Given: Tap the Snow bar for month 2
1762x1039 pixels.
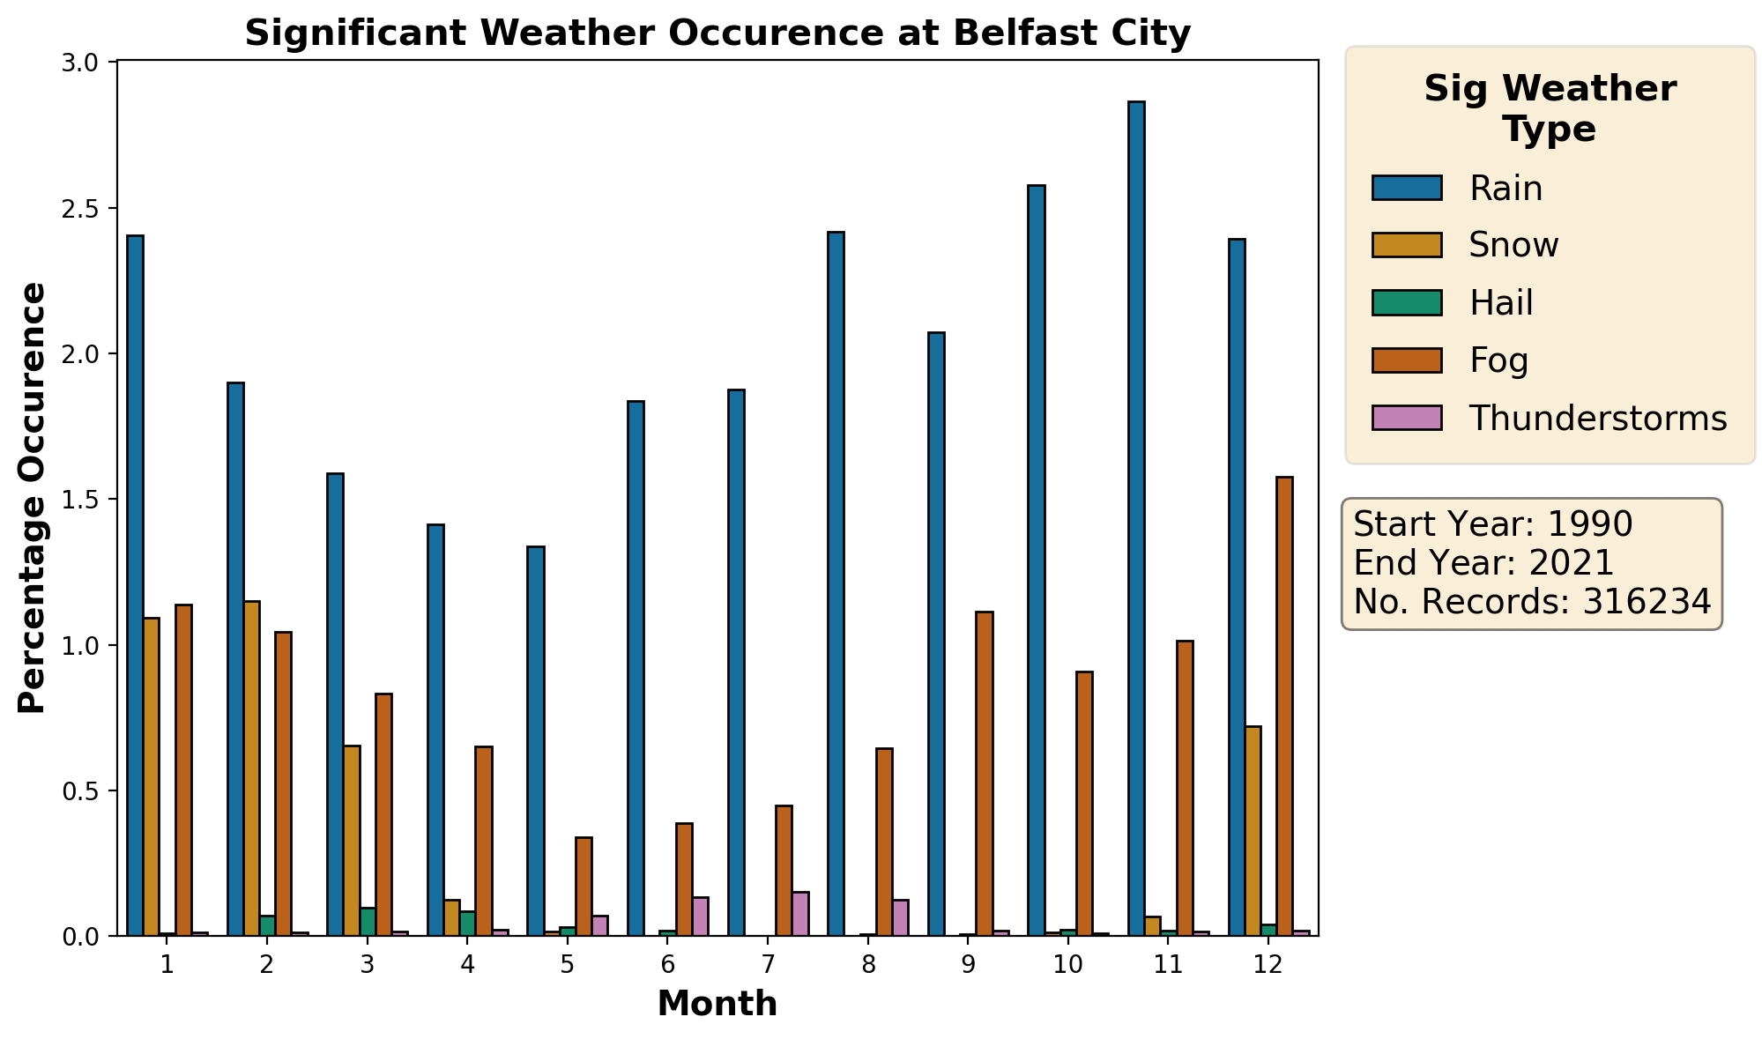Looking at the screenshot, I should tap(252, 768).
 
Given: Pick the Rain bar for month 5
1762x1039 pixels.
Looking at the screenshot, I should tap(536, 740).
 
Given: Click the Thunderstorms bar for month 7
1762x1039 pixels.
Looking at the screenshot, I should tap(800, 914).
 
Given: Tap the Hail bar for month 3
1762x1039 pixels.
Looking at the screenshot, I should tap(368, 922).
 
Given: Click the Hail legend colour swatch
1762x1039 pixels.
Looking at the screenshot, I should tap(1406, 302).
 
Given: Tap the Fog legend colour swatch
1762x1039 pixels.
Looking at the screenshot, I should tap(1406, 360).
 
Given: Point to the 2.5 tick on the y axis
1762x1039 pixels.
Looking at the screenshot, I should tap(88, 209).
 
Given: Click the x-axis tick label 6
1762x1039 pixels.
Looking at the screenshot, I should tap(667, 965).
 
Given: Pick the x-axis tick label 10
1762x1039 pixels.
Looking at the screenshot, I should tap(1067, 965).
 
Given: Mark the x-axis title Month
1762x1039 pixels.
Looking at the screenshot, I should tap(717, 1004).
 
